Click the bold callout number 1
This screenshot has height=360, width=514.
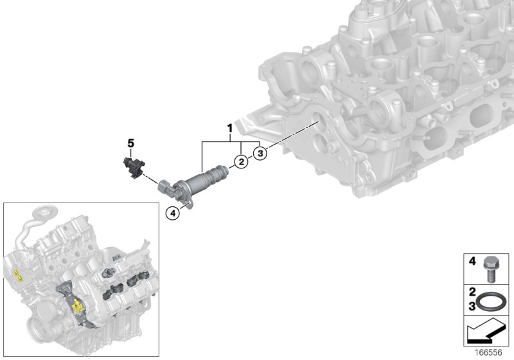pyautogui.click(x=229, y=130)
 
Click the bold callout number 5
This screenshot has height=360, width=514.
pyautogui.click(x=130, y=143)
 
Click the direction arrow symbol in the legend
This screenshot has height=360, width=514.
pyautogui.click(x=486, y=334)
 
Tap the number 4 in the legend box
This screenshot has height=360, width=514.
pyautogui.click(x=471, y=262)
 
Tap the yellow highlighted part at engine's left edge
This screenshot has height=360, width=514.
pyautogui.click(x=17, y=277)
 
